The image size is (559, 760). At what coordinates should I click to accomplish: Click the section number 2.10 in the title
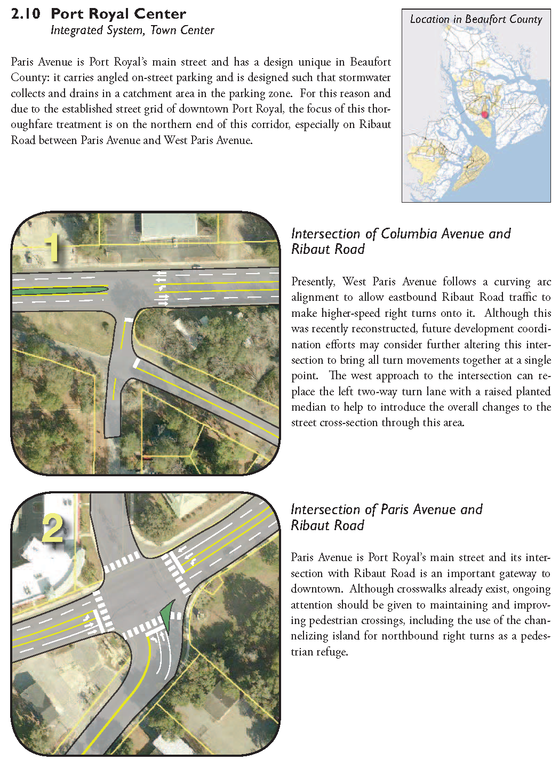coord(25,14)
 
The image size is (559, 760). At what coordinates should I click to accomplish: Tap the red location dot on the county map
coord(485,114)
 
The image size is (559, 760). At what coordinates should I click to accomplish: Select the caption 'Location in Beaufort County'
coord(476,20)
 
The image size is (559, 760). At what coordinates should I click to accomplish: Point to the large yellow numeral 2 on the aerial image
coord(53,528)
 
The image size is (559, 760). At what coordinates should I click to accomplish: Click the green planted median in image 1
coord(59,291)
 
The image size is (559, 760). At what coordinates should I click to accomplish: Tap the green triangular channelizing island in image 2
coord(168,615)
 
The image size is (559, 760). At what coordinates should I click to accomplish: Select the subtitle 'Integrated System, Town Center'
coord(132,30)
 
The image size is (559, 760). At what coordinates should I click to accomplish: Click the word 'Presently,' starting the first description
coord(313,282)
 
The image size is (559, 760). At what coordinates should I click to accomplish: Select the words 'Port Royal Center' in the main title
coord(118,14)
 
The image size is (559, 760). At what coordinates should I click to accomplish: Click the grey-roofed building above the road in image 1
coord(169,226)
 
